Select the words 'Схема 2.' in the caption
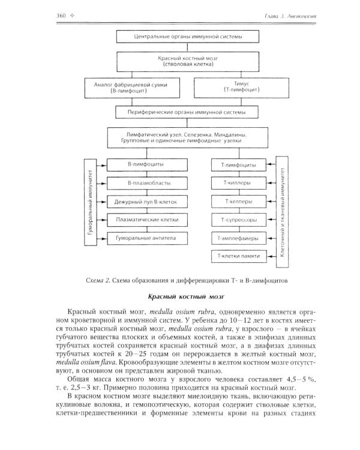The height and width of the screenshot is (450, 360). (100, 280)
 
